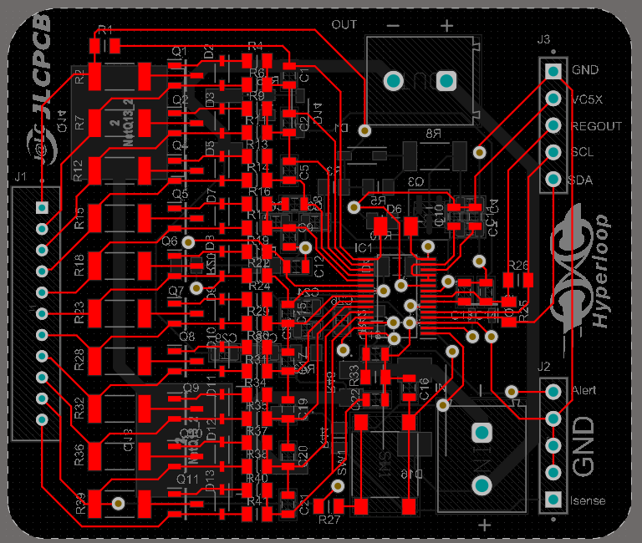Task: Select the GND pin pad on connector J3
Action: pos(553,71)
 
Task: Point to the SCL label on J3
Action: pos(583,154)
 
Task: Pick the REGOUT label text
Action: pos(596,126)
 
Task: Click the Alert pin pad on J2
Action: pos(553,391)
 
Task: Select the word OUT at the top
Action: pos(344,24)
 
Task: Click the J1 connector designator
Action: pos(21,177)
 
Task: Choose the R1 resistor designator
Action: pos(104,30)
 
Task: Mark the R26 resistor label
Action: pos(519,266)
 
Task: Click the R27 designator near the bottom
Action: pos(329,520)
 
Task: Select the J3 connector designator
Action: pos(543,39)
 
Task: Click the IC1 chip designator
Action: pos(363,248)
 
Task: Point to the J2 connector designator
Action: pos(543,366)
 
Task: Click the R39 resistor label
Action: pos(80,502)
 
